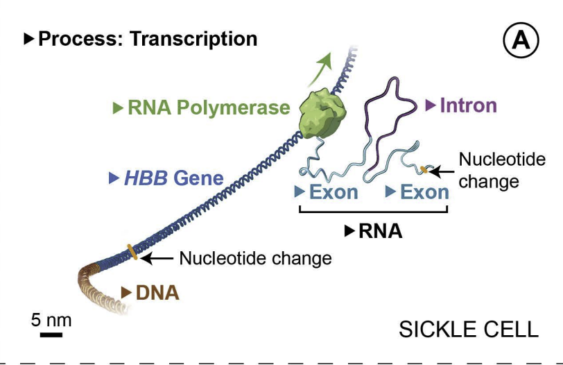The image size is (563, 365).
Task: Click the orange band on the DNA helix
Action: tap(132, 251)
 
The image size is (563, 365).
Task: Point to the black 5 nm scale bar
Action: tap(51, 335)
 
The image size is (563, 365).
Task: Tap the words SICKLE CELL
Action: tap(468, 329)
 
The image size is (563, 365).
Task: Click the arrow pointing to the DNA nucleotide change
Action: tap(157, 258)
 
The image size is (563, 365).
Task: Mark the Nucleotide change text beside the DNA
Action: tap(255, 258)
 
